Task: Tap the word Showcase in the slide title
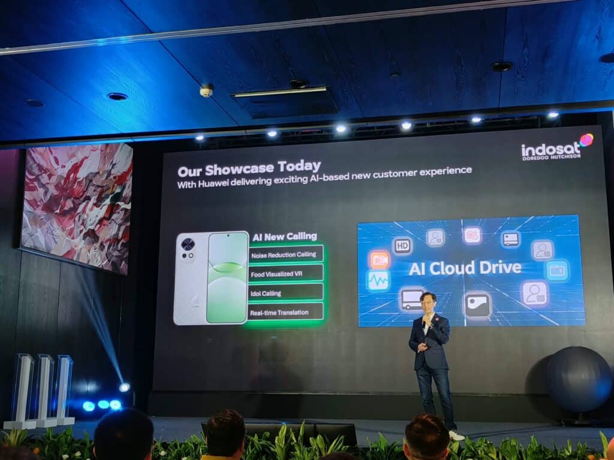coord(239,169)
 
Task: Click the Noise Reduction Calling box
coord(285,254)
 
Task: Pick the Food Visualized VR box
coord(285,273)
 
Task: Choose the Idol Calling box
coord(285,292)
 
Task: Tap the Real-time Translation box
coord(285,311)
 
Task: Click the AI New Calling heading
coord(285,237)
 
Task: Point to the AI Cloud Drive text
coord(465,268)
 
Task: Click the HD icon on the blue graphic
coord(402,246)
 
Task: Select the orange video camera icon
coord(379,259)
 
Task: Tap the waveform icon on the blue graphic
coord(378,280)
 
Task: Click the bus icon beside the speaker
coord(411,299)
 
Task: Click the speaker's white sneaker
coord(456,435)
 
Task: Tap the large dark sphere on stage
coord(579,379)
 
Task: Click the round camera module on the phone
coord(188,244)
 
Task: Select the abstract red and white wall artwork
coord(77,207)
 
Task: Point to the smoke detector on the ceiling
coord(206,91)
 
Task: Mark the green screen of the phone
coord(227,278)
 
